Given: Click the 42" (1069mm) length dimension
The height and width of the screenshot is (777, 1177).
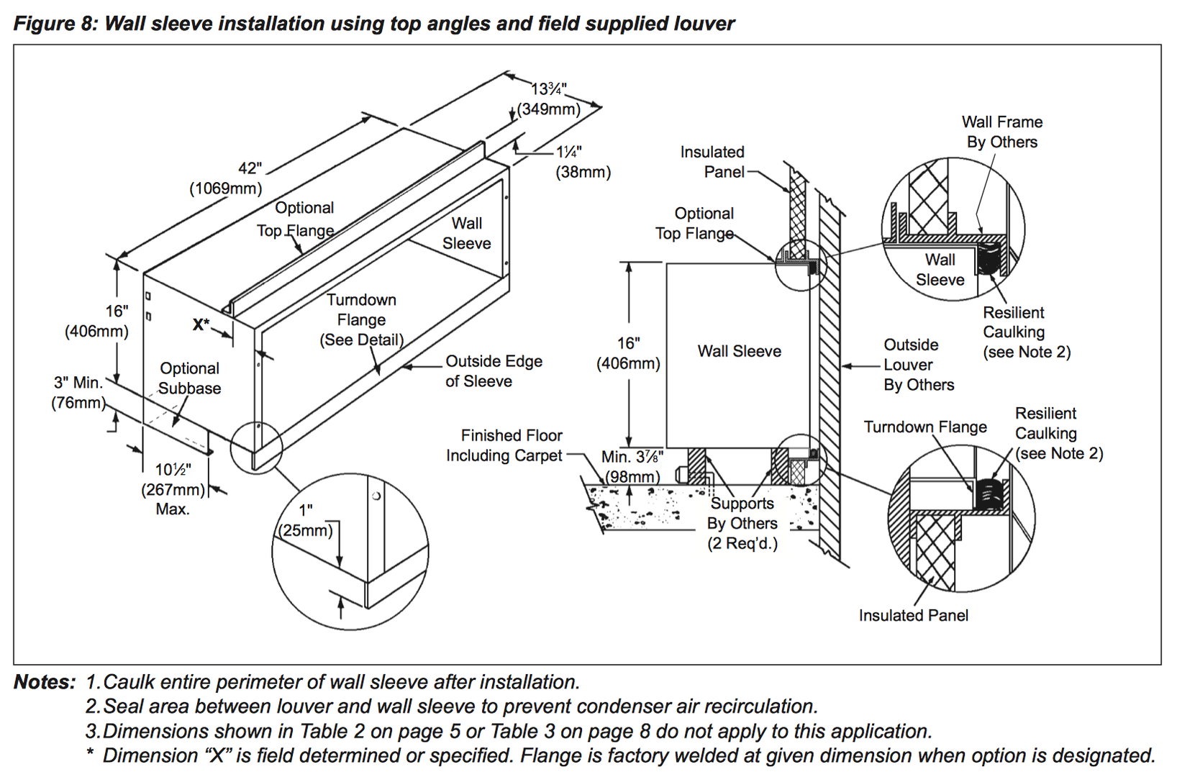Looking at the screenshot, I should pos(226,178).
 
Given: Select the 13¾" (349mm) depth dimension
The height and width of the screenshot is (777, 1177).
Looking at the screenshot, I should pos(549,99).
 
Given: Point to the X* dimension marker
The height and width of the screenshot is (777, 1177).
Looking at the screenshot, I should pos(201,324).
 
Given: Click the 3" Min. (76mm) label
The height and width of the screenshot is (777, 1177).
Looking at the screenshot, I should pos(78,393).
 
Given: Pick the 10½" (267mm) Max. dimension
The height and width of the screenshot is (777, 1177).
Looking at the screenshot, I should pos(173,489).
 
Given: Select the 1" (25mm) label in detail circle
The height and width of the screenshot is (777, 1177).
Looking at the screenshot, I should pos(306,521).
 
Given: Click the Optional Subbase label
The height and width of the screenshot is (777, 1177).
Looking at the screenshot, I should pos(189,378).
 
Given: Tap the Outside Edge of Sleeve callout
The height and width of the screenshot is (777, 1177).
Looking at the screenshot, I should pos(494,371).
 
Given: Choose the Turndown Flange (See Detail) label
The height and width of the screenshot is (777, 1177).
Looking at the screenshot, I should pos(361,320).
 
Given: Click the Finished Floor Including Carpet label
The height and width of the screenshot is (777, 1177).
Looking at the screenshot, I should pos(504,445).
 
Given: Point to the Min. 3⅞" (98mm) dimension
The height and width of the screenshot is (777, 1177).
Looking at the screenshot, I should pos(632,467).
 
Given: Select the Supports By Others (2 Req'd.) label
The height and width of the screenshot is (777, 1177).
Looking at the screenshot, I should pos(742,523).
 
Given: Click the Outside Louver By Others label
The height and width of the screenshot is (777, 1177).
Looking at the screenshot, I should pos(919,365).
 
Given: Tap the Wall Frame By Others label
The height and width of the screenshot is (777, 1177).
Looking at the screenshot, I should pos(1001,132).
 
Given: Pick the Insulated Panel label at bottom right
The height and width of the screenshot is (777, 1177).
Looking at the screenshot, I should pos(913,615).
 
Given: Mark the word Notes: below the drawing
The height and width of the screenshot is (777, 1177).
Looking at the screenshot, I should pos(44,682).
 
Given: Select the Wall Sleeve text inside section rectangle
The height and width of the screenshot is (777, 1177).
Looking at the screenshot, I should pos(739,351).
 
